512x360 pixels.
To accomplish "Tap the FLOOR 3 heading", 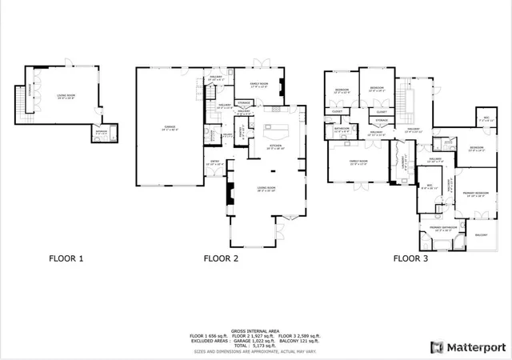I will (410, 258).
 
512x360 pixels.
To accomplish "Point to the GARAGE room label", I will (170, 127).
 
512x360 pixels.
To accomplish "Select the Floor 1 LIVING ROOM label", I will (66, 96).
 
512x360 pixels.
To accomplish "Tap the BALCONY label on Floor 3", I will (481, 235).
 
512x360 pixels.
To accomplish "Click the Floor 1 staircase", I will (21, 100).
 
